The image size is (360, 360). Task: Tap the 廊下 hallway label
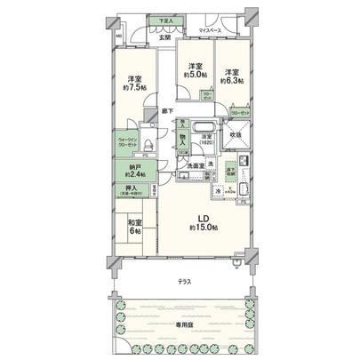167,109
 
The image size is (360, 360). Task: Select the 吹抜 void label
237,135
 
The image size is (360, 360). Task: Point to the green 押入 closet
130,190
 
